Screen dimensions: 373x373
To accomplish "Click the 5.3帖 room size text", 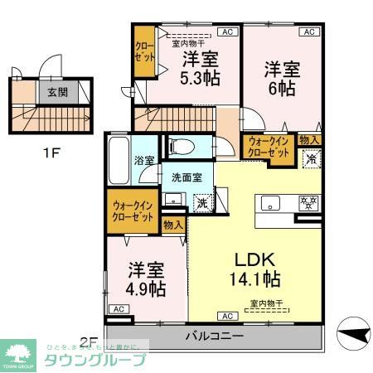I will [x=199, y=80].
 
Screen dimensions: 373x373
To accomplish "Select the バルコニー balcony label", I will [x=214, y=337].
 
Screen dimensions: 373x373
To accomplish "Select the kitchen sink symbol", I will [x=271, y=202].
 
